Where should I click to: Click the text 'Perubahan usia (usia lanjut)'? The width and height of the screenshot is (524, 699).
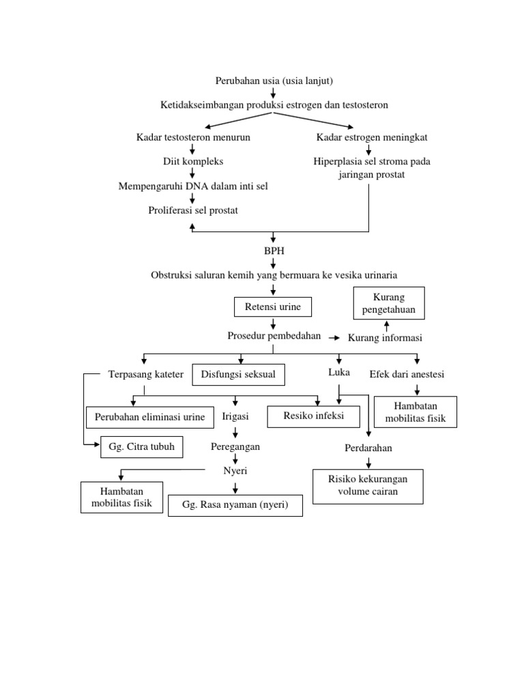[274, 81]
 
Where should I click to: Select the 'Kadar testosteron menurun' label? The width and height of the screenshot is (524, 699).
[193, 137]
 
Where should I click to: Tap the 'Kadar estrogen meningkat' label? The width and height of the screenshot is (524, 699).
[372, 137]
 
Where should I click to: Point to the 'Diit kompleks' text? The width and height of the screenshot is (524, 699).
[193, 162]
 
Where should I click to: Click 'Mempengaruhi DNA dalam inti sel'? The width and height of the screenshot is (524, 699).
[193, 186]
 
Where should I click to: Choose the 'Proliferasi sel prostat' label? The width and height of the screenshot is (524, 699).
[193, 210]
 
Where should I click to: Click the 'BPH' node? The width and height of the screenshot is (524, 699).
[274, 251]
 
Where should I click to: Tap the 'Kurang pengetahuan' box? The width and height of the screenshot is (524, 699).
[388, 303]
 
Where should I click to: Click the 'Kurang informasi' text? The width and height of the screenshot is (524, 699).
[385, 338]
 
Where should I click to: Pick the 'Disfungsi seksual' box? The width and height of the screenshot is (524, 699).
[239, 375]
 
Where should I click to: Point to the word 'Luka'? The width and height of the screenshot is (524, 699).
[339, 372]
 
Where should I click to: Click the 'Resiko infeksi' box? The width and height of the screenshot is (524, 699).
[314, 416]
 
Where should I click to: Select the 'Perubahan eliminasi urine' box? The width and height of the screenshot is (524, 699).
[149, 416]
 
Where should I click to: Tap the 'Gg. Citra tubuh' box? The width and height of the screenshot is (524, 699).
[142, 447]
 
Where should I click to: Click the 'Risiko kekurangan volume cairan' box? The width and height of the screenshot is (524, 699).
[368, 485]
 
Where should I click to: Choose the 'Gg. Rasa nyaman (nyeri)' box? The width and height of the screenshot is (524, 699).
[235, 505]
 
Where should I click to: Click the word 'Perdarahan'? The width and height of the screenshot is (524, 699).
[368, 448]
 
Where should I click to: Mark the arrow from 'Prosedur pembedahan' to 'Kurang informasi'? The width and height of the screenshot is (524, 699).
[334, 337]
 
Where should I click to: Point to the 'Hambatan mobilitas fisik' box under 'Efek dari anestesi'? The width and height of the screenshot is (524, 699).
[415, 412]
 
